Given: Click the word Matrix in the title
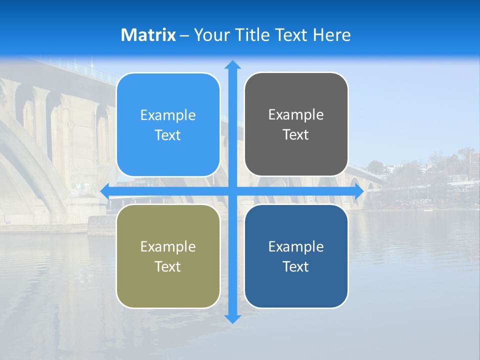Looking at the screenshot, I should click(148, 35).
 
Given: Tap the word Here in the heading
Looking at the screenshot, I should click(332, 35).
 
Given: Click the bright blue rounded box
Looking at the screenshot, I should click(168, 124).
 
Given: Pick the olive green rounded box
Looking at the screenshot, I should click(168, 256).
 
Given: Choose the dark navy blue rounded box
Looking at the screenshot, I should click(296, 256).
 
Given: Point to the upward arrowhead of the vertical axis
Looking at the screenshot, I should click(232, 64).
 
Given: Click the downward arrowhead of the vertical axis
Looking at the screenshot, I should click(232, 318).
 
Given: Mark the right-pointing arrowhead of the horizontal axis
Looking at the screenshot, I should click(359, 191).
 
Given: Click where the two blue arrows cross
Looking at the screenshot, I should click(232, 191).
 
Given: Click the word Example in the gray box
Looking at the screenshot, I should click(296, 114).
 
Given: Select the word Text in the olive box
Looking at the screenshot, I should click(168, 266).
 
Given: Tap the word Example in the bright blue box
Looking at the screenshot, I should click(168, 115).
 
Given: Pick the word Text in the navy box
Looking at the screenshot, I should click(296, 266).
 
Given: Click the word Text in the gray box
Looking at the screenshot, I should click(296, 134).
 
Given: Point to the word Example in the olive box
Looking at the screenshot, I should click(168, 246).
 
